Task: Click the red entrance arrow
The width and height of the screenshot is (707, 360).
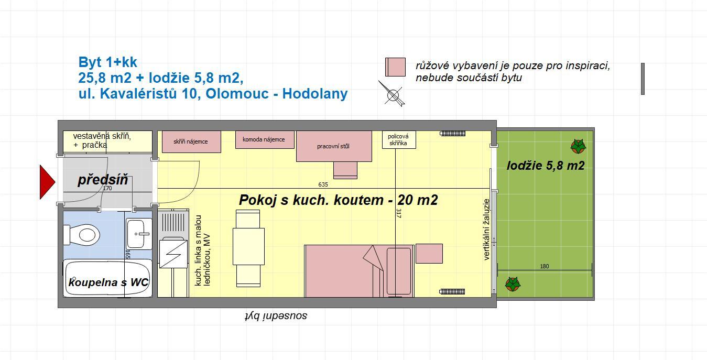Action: (x=47, y=182)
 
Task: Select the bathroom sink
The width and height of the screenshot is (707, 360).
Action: (x=139, y=234)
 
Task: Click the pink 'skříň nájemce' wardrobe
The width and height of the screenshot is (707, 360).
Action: (x=191, y=141)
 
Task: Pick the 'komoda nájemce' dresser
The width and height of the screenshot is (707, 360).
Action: (x=265, y=139)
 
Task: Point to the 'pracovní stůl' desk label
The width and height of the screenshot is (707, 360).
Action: (x=333, y=146)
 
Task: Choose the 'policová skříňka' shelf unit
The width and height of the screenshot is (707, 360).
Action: (x=399, y=139)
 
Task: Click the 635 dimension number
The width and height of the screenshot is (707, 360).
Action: (x=323, y=184)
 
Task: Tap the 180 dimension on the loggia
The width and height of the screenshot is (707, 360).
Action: (x=545, y=266)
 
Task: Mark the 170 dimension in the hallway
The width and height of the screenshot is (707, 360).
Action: (x=107, y=188)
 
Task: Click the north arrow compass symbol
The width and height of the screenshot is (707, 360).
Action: (x=392, y=94)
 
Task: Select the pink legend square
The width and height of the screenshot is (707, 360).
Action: (x=395, y=67)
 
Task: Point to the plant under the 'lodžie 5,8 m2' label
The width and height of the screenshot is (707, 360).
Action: (x=513, y=284)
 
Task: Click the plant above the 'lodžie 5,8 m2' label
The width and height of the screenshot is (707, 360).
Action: (x=578, y=146)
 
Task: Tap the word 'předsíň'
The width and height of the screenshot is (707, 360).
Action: (x=103, y=180)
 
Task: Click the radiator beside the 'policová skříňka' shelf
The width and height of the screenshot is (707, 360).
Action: (x=453, y=134)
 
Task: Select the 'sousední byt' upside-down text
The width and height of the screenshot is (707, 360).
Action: (x=276, y=316)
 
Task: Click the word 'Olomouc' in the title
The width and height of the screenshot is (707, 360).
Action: (x=237, y=94)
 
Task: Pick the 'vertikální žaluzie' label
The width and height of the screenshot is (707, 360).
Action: (x=486, y=230)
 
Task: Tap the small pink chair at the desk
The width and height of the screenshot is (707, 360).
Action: (x=345, y=170)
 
